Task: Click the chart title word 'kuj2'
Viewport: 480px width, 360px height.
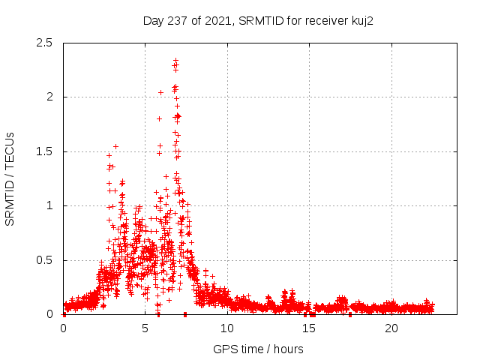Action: (361, 20)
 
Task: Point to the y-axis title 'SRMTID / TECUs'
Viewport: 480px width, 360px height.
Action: (10, 178)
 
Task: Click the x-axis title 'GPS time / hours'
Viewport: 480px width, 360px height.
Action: (258, 349)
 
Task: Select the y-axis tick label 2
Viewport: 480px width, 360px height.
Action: (50, 97)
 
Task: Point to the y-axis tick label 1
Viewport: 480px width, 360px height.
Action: (50, 205)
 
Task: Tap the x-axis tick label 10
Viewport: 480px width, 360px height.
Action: (227, 328)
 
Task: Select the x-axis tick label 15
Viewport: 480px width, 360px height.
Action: (310, 328)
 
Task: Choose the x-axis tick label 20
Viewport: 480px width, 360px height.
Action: (391, 328)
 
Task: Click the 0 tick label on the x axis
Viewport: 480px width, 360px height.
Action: (63, 328)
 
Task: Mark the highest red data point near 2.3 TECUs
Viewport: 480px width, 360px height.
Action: (175, 61)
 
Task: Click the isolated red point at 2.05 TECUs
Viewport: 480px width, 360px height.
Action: (160, 92)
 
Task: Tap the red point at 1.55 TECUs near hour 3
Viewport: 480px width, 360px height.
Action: (115, 146)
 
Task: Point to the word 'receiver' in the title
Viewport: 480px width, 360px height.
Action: (322, 20)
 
